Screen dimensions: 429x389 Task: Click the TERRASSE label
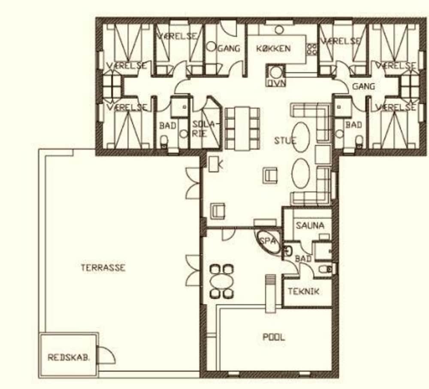coord(103,267)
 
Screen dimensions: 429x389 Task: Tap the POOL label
coord(274,337)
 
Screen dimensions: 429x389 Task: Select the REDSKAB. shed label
coord(69,358)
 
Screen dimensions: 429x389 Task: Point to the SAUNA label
coord(310,225)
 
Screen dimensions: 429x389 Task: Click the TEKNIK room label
coord(304,291)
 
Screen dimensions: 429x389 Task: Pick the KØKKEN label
coord(273,48)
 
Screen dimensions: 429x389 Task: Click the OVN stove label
coord(276,83)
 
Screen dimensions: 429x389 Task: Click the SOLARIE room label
coord(203,129)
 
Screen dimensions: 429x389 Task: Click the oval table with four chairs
coord(222,281)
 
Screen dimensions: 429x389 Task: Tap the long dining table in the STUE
coord(242,129)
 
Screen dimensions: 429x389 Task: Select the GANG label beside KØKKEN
coord(229,48)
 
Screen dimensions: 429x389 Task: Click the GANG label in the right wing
coord(363,86)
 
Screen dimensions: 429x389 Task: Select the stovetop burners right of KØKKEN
coord(312,49)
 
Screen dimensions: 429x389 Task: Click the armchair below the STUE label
coord(270,176)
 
